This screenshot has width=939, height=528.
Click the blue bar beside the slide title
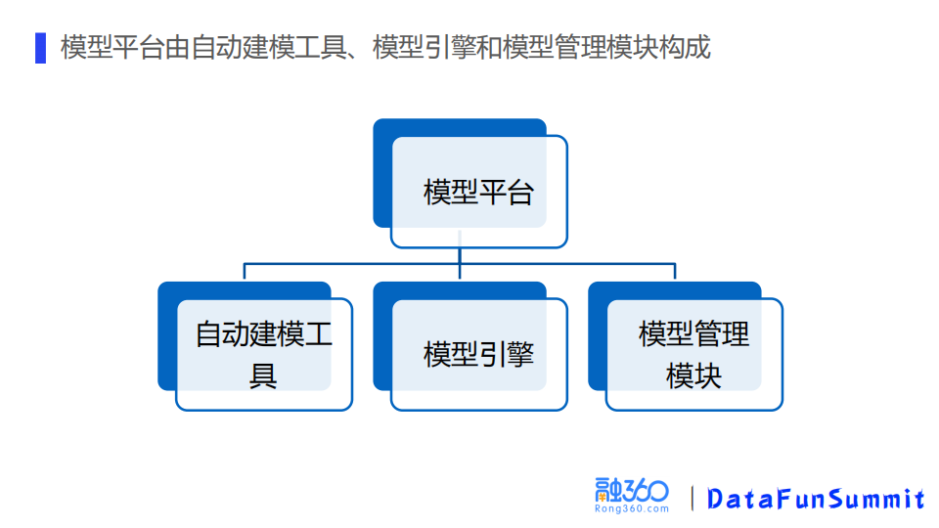(x=40, y=48)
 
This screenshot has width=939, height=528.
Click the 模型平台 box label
(x=478, y=192)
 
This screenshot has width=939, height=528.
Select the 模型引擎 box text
(x=478, y=354)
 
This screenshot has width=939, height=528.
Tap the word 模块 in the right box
(x=693, y=375)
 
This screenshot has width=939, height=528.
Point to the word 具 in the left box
(x=263, y=375)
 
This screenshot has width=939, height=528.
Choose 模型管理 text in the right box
(x=693, y=334)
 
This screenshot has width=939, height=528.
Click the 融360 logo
(x=632, y=490)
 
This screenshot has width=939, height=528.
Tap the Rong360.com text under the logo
(x=632, y=508)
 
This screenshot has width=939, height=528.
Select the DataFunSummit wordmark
(x=816, y=499)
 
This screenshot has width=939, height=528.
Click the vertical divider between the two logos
(x=693, y=498)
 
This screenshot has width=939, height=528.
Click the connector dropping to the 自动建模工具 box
(x=245, y=272)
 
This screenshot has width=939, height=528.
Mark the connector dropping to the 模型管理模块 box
(x=675, y=272)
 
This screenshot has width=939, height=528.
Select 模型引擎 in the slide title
(x=415, y=48)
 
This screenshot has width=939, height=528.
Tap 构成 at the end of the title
(x=689, y=48)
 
